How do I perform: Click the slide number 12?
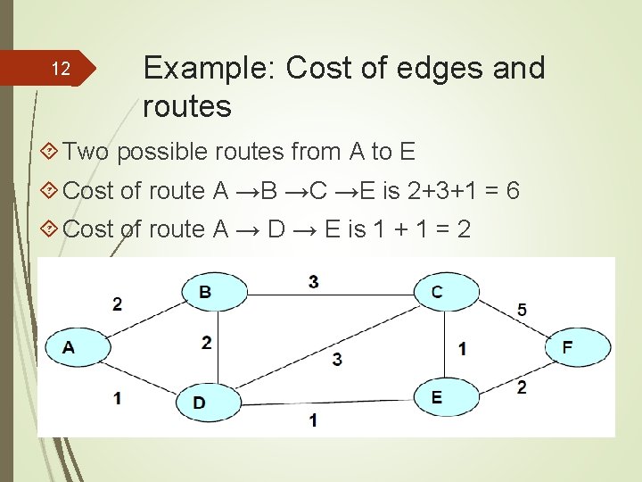click(x=61, y=69)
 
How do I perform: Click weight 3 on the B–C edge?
click(x=313, y=282)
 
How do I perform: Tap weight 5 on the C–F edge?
click(x=522, y=310)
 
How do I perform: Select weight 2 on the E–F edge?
click(x=522, y=386)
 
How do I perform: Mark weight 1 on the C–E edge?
click(x=462, y=348)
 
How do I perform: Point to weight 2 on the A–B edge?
click(x=118, y=304)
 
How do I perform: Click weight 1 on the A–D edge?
click(x=118, y=398)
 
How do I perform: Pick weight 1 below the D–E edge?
click(x=313, y=420)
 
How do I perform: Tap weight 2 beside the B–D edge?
click(x=206, y=342)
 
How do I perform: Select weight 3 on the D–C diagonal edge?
click(x=336, y=359)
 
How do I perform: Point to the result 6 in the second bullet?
click(x=512, y=190)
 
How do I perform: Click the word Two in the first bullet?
click(x=86, y=152)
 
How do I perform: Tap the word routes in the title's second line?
click(x=187, y=107)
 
